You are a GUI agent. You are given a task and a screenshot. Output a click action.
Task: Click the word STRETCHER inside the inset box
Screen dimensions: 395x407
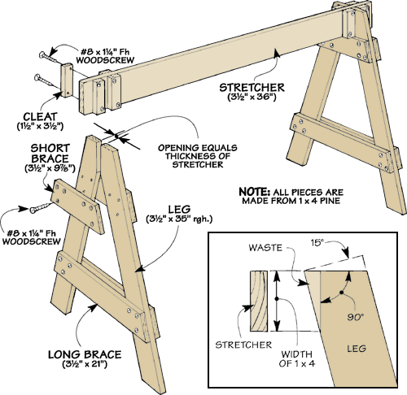(x=243, y=345)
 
